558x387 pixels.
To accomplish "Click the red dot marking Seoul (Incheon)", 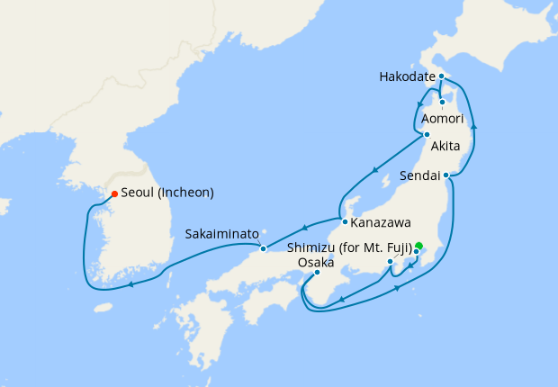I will tap(114, 193).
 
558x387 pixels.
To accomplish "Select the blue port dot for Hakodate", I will tap(442, 76).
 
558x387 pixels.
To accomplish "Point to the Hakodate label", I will tap(410, 76).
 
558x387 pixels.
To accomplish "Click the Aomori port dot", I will tap(443, 102).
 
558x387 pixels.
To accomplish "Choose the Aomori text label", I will tap(443, 119).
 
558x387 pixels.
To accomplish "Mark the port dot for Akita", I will tap(427, 135).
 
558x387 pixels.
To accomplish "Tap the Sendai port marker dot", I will tap(445, 175).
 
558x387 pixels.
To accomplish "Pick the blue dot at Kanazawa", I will tap(344, 220).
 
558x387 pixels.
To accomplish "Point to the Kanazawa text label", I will tap(382, 221).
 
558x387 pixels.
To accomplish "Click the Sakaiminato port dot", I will tap(263, 248).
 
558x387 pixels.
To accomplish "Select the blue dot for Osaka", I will tap(317, 273).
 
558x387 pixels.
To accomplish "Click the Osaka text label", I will tap(317, 262).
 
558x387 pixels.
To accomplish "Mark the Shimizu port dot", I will tap(390, 262).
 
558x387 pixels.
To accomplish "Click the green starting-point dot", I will tap(418, 246).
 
